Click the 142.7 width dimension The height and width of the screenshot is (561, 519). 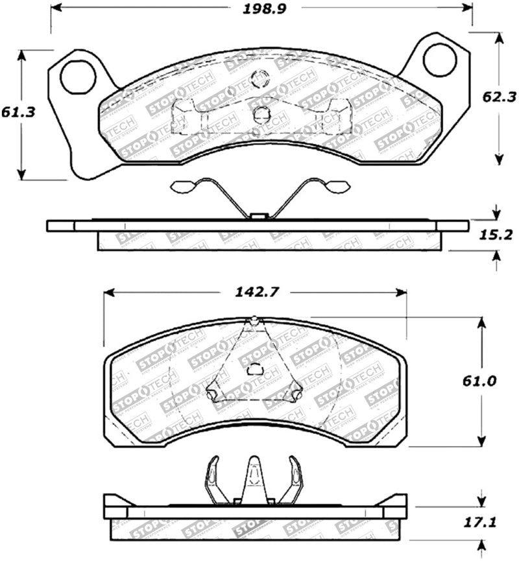255,292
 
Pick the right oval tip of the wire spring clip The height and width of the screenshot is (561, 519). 337,187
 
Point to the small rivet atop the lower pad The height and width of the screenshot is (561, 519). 255,319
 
